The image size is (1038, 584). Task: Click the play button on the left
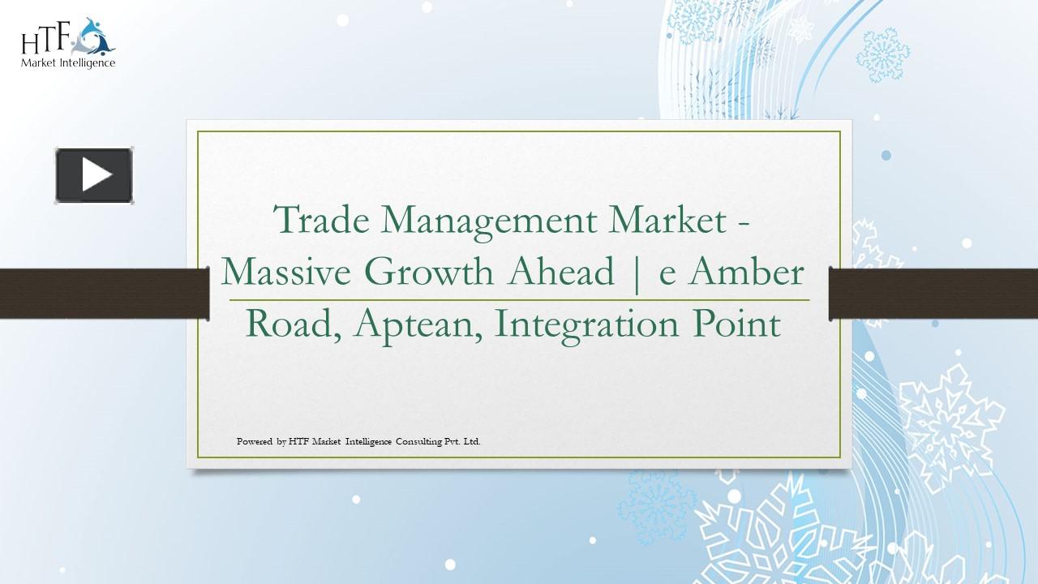[94, 175]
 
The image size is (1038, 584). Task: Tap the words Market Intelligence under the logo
[68, 62]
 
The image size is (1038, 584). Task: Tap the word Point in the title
[737, 324]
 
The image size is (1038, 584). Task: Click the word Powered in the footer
[255, 442]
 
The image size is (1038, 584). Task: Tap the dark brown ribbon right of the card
[933, 293]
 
